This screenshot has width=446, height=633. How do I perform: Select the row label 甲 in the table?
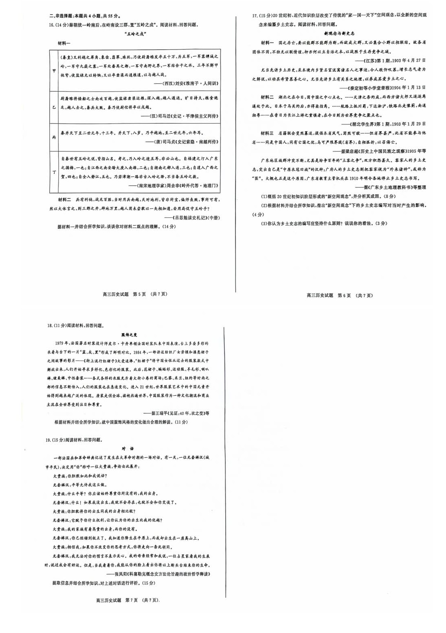[x=54, y=70]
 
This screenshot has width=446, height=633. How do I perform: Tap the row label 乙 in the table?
[x=54, y=107]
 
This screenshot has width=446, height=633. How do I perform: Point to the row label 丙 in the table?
[x=54, y=137]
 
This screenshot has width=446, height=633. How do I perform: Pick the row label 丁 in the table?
[x=54, y=172]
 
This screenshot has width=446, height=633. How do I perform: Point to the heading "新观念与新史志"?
[x=339, y=34]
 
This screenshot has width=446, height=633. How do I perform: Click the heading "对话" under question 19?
[x=127, y=448]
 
